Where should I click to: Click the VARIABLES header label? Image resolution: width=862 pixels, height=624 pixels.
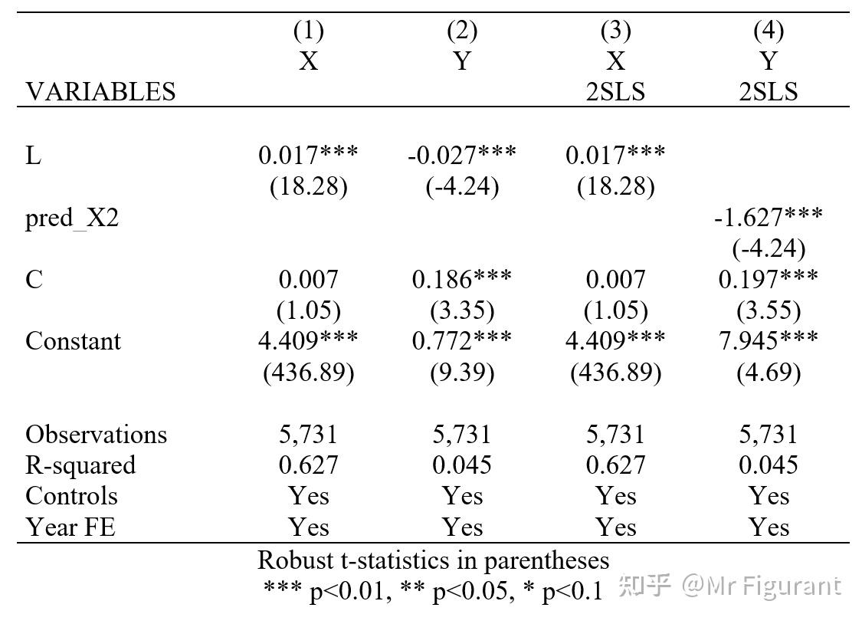pos(100,92)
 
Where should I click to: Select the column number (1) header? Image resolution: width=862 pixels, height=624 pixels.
pos(308,31)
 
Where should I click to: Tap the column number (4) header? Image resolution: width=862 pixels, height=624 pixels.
pos(768,31)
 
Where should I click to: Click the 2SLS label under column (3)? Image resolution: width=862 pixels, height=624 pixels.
pos(615,92)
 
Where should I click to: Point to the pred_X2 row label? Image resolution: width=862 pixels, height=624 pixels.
pos(72,219)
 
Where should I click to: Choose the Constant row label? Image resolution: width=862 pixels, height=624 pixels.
pos(73,340)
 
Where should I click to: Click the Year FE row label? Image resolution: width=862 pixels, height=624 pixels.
pos(70,527)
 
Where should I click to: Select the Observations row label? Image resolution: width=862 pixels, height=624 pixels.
pos(96,435)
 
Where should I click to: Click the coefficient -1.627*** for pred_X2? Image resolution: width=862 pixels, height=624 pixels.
pos(768,217)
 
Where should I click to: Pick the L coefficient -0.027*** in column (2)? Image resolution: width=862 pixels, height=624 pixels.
pos(461,155)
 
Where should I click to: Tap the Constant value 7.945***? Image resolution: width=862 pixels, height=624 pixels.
pos(768,340)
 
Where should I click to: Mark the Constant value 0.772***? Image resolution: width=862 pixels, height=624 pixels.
pos(461,340)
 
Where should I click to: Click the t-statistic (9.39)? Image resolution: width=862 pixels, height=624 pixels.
pos(461,373)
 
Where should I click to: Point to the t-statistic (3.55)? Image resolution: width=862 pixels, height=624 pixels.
pos(768,310)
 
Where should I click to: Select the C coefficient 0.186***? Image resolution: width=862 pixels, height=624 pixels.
pos(461,279)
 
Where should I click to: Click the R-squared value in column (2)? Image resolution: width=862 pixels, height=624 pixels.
pos(461,465)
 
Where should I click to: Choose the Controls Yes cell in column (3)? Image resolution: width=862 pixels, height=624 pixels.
pos(615,496)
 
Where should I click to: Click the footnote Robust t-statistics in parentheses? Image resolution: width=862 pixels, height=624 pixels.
pos(433,560)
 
